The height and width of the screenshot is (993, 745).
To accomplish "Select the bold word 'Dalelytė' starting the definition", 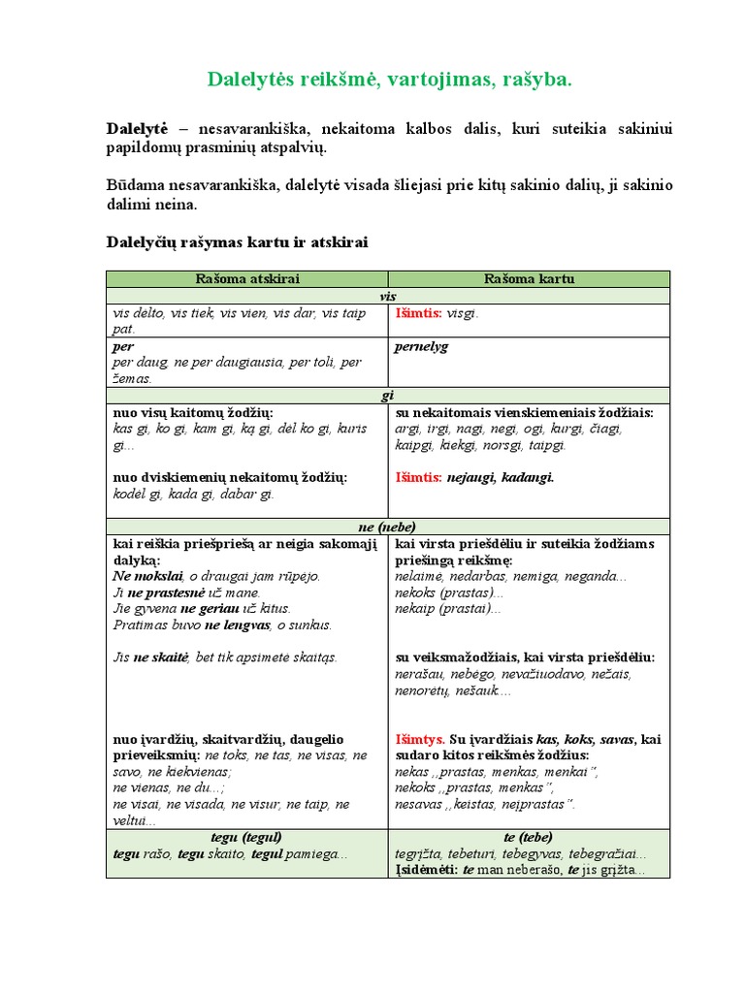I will point(137,129).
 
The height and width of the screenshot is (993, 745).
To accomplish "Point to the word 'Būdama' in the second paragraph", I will point(134,185).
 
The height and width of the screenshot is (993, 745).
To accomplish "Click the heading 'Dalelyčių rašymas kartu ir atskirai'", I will point(237,241).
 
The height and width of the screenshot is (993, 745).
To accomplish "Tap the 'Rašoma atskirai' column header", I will point(247,279).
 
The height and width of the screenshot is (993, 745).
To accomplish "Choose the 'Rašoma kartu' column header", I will point(529,279).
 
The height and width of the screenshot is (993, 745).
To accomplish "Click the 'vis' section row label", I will point(387,296).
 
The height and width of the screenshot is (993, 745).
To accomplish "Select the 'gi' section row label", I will point(387,396).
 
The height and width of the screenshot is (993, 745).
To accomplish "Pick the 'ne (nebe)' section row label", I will point(387,527).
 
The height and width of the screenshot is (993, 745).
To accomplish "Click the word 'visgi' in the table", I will point(462,313).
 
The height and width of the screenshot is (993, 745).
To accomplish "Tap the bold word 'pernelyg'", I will point(422,346).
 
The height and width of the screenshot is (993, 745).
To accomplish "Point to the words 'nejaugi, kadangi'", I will point(501,478).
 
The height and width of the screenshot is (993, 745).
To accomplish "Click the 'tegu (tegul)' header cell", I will point(246,837).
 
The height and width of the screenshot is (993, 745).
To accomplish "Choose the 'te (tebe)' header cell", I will point(529,837).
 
